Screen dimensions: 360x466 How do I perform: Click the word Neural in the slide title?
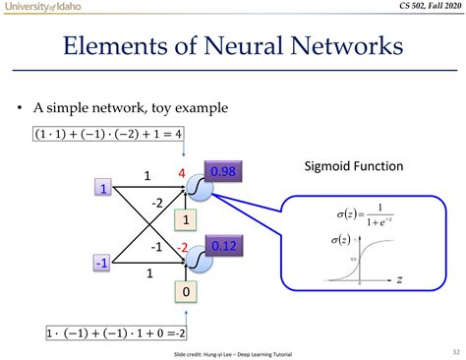click(x=245, y=46)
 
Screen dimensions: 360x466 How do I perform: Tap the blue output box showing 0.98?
click(x=226, y=172)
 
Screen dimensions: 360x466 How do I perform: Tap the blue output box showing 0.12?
click(x=226, y=244)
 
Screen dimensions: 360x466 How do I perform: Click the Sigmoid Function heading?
click(x=352, y=166)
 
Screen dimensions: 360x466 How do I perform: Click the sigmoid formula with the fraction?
click(x=353, y=213)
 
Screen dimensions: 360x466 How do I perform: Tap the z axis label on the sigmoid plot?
click(x=402, y=280)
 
